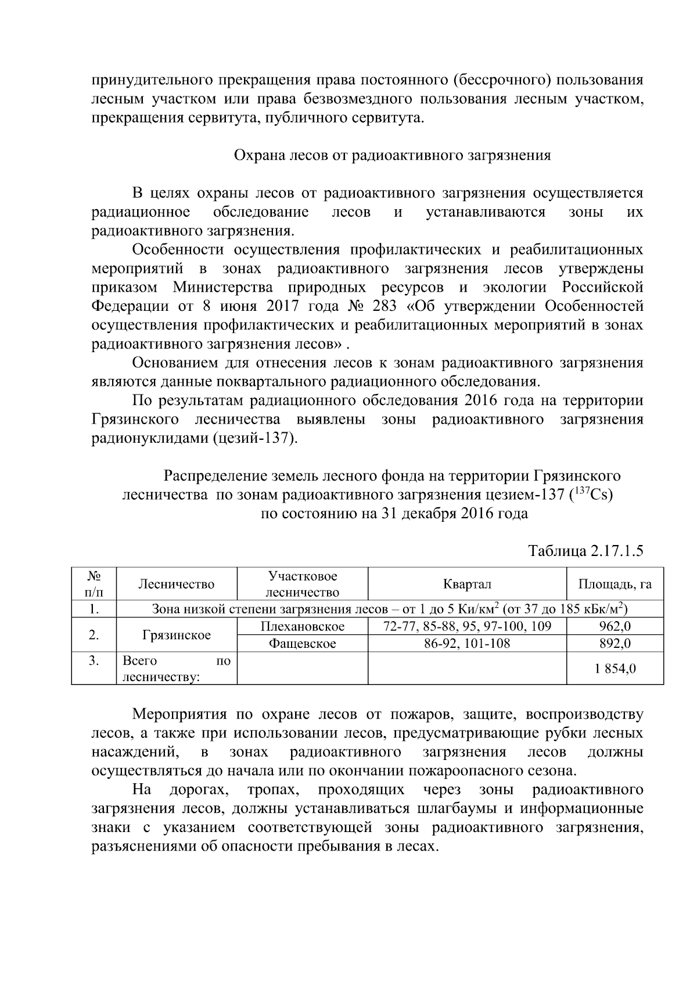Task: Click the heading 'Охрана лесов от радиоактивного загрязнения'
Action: pyautogui.click(x=392, y=156)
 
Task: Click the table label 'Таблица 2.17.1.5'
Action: pyautogui.click(x=585, y=551)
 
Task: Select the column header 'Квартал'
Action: pyautogui.click(x=467, y=584)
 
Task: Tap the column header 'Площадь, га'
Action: pyautogui.click(x=615, y=584)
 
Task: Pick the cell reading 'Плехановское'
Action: pyautogui.click(x=302, y=626)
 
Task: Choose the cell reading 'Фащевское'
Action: pyautogui.click(x=302, y=643)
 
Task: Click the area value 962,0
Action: pyautogui.click(x=615, y=626)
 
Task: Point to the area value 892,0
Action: pyautogui.click(x=615, y=643)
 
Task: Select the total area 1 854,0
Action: pyautogui.click(x=615, y=669)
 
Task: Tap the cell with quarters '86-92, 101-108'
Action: pyautogui.click(x=467, y=643)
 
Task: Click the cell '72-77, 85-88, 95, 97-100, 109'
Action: pyautogui.click(x=467, y=626)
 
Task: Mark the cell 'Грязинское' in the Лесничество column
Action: pyautogui.click(x=177, y=635)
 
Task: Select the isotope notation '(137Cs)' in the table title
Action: pyautogui.click(x=591, y=495)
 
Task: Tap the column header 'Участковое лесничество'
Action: pyautogui.click(x=302, y=584)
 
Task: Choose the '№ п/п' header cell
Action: pyautogui.click(x=94, y=584)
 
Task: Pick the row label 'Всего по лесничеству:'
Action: pyautogui.click(x=177, y=669)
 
